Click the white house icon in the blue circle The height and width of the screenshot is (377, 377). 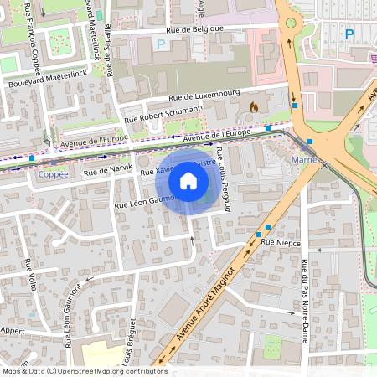pyautogui.click(x=188, y=181)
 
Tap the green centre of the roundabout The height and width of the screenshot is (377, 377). pyautogui.click(x=291, y=24)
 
